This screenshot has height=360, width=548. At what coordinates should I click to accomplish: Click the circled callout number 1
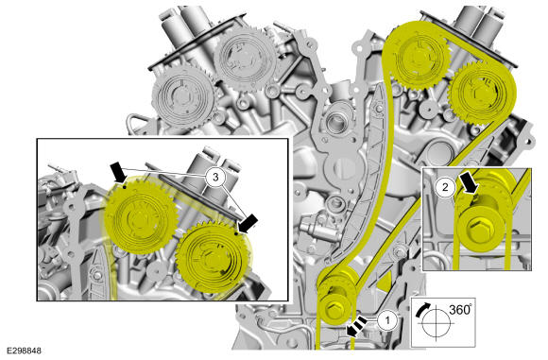386,319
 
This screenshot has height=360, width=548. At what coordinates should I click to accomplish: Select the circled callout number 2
445,187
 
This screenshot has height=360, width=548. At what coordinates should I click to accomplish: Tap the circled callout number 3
215,178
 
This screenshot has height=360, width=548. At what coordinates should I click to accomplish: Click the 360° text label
460,309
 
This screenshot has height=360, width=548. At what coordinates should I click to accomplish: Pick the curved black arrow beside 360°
423,308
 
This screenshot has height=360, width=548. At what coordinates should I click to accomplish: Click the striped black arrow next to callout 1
356,326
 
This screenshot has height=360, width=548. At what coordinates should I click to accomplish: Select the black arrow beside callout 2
469,182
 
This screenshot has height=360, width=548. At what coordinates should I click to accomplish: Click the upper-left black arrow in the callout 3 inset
118,172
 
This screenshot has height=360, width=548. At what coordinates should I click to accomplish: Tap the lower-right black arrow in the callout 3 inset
248,224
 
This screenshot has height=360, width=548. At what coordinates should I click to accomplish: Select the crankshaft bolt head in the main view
332,309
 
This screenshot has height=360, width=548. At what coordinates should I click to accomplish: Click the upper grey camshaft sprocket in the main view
246,58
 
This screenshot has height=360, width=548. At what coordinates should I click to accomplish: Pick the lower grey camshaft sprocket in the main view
183,96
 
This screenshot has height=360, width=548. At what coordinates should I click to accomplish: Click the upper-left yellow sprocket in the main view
419,57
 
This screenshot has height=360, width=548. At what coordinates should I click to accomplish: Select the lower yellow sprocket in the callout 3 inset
214,258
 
